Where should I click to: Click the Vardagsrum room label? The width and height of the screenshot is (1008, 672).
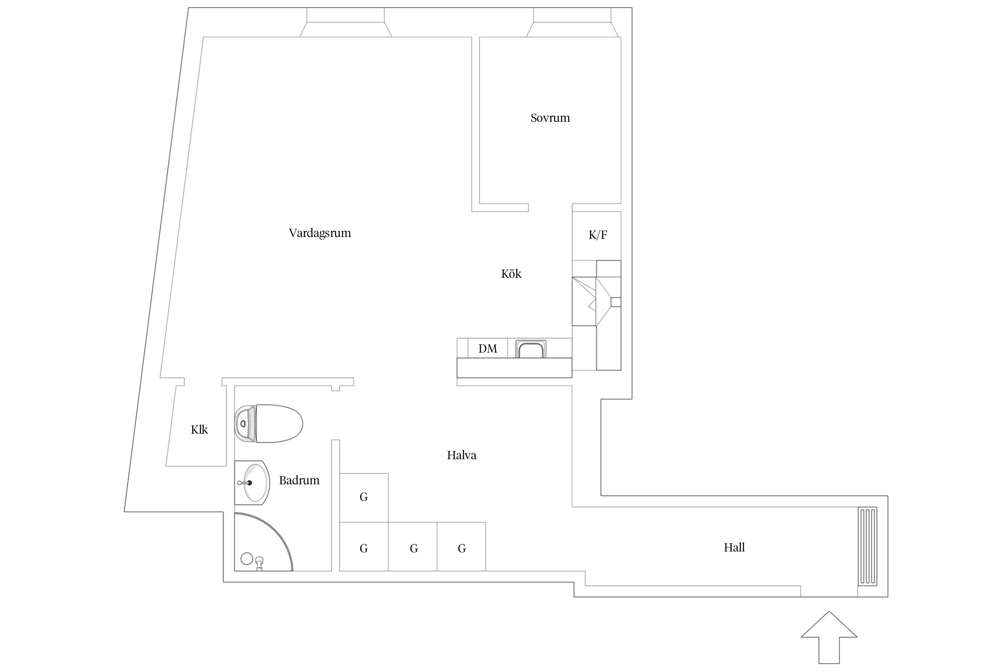[x=319, y=233]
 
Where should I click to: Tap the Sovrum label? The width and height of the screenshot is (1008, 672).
[x=550, y=118]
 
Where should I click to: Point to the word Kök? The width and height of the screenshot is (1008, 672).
[x=511, y=274]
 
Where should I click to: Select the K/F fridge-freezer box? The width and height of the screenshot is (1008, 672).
[x=597, y=236]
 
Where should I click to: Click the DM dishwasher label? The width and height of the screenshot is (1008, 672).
[x=487, y=349]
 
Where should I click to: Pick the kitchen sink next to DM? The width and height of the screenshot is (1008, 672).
[x=531, y=349]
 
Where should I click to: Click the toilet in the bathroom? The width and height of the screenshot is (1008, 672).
[x=268, y=423]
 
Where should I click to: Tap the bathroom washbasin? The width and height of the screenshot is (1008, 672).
[x=251, y=482]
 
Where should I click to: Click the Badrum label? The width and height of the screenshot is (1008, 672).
[x=299, y=480]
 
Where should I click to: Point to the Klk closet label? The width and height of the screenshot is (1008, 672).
[x=199, y=430]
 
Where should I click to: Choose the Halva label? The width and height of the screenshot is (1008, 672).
[x=461, y=455]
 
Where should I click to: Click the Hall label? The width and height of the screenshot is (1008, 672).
[x=734, y=547]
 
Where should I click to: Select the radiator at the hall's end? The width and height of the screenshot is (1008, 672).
[x=867, y=546]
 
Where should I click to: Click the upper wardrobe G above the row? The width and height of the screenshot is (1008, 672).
[x=364, y=497]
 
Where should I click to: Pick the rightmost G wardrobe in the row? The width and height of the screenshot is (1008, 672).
[x=461, y=547]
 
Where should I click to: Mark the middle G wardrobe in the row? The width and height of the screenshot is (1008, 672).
[x=413, y=547]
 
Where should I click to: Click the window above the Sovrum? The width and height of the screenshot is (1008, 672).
[x=573, y=22]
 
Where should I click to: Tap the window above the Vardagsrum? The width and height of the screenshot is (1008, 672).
[x=345, y=22]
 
